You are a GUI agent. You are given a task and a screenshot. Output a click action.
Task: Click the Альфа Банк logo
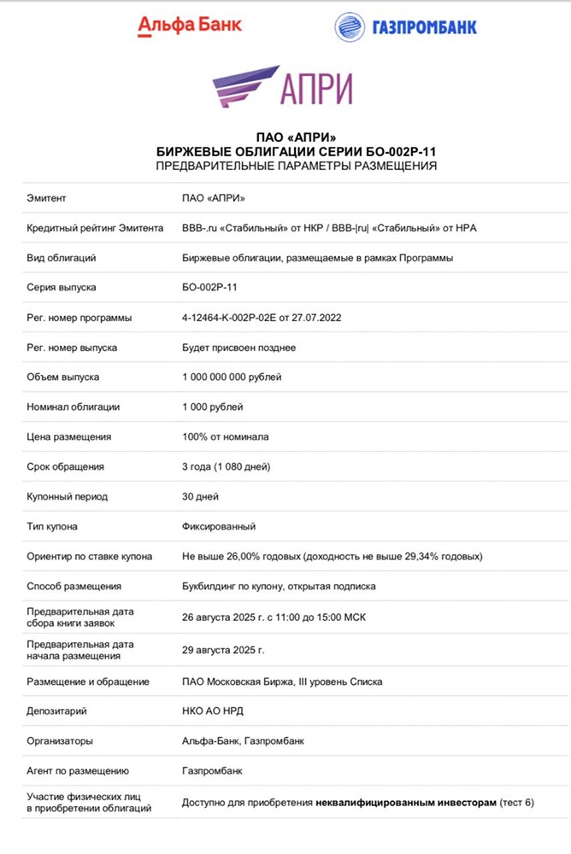pyautogui.click(x=190, y=26)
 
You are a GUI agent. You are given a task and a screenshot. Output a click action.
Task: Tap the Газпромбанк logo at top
pyautogui.click(x=406, y=26)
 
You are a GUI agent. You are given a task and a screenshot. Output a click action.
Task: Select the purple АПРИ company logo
pyautogui.click(x=283, y=86)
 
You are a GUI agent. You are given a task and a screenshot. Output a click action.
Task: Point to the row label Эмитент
pyautogui.click(x=46, y=198)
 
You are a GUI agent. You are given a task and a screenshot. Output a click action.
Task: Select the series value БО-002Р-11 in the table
pyautogui.click(x=210, y=288)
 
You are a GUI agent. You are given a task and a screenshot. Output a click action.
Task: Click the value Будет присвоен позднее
pyautogui.click(x=239, y=348)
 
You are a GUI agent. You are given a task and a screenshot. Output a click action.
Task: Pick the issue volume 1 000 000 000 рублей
pyautogui.click(x=232, y=377)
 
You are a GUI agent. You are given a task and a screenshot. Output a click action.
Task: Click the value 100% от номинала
pyautogui.click(x=226, y=437)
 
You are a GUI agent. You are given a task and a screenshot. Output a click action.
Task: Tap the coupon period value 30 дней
pyautogui.click(x=201, y=497)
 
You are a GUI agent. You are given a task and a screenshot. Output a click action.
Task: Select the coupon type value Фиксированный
pyautogui.click(x=219, y=527)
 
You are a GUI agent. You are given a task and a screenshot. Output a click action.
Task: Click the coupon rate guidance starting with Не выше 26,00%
pyautogui.click(x=333, y=557)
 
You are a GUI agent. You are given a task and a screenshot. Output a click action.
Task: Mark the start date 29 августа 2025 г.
pyautogui.click(x=224, y=650)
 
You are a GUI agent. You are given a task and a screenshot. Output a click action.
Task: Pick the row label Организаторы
pyautogui.click(x=61, y=740)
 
